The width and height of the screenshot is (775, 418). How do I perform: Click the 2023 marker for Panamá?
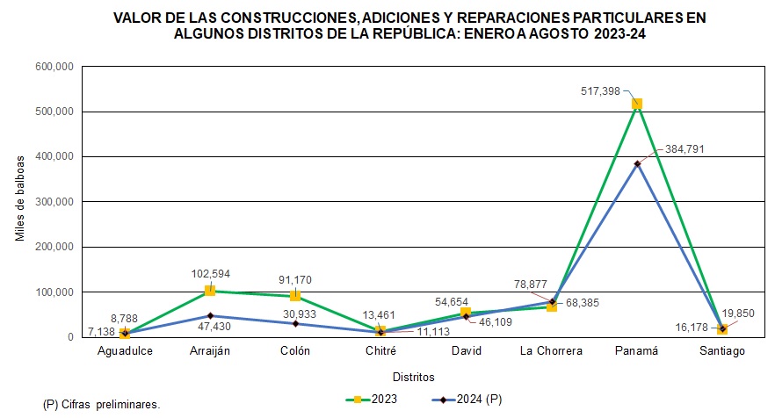pos(637,104)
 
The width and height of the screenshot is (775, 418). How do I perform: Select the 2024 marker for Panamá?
pos(637,163)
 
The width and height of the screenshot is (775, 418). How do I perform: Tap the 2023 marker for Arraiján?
pos(210,291)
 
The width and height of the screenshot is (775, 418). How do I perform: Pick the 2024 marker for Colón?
pos(295,323)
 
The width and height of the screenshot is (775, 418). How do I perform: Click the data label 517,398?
pos(601,90)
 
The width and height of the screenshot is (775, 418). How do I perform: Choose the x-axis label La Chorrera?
pos(551,352)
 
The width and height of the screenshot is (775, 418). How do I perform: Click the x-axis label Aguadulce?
pos(125,352)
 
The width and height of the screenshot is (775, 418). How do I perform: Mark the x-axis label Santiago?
pos(722,352)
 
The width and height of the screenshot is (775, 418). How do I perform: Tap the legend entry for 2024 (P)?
pos(467,400)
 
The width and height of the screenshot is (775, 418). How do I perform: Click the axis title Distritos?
pos(414,378)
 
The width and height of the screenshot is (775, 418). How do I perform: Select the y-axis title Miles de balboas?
pos(21,201)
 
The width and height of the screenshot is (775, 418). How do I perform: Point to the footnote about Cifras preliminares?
pos(101,405)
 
